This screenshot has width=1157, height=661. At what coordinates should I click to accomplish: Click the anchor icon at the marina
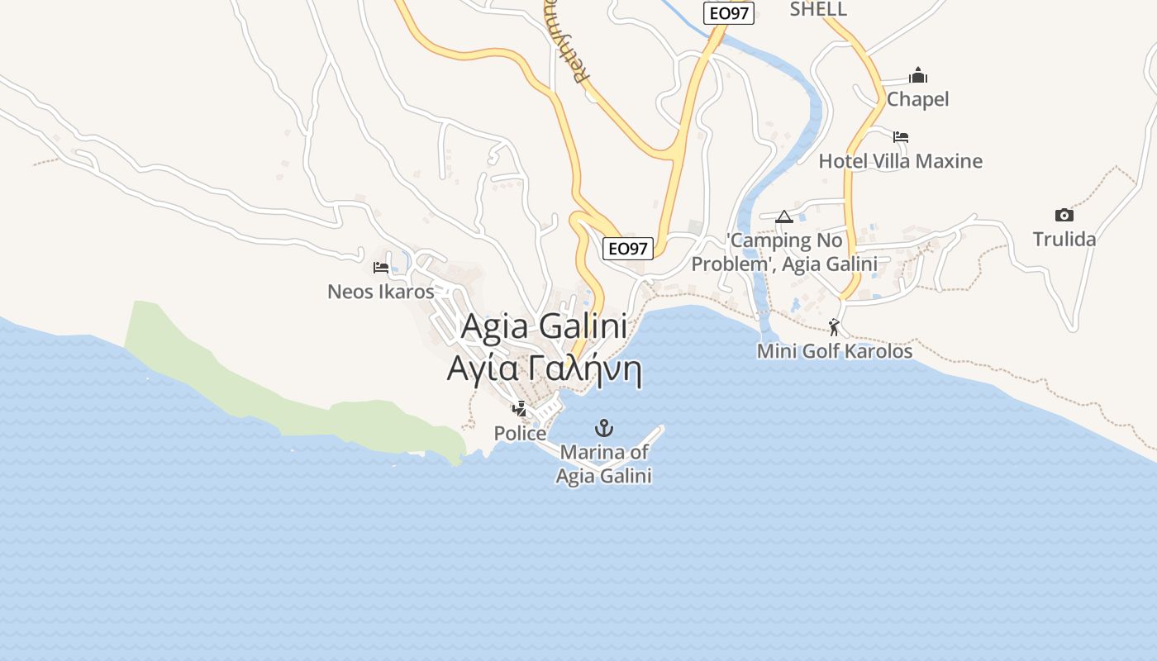pyautogui.click(x=605, y=428)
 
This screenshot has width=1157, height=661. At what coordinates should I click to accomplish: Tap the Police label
pyautogui.click(x=520, y=433)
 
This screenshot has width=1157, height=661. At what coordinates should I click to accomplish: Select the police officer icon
pyautogui.click(x=520, y=408)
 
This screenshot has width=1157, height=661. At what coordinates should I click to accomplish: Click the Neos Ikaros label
pyautogui.click(x=380, y=292)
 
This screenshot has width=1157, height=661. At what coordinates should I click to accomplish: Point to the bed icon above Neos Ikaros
pyautogui.click(x=381, y=267)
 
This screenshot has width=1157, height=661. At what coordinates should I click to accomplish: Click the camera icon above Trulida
pyautogui.click(x=1064, y=216)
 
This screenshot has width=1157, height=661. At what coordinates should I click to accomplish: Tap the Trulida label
pyautogui.click(x=1064, y=240)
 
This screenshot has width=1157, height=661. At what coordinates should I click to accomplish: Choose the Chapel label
pyautogui.click(x=917, y=99)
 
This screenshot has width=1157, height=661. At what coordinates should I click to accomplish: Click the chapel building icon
pyautogui.click(x=918, y=76)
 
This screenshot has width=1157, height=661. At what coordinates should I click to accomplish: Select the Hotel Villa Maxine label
pyautogui.click(x=900, y=161)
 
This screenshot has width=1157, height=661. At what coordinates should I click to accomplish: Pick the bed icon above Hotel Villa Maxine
pyautogui.click(x=901, y=137)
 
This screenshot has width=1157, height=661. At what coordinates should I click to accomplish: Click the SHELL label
pyautogui.click(x=818, y=9)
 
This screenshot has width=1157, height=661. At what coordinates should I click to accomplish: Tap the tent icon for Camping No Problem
pyautogui.click(x=784, y=217)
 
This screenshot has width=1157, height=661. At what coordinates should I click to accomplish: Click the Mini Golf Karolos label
pyautogui.click(x=835, y=351)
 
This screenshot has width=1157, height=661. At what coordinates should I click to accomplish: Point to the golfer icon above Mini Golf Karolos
pyautogui.click(x=835, y=327)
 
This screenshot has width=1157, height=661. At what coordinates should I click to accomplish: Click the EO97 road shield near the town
pyautogui.click(x=628, y=248)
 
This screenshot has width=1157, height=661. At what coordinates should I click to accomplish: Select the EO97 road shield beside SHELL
pyautogui.click(x=729, y=13)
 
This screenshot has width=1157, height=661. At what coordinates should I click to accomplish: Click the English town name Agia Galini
pyautogui.click(x=544, y=326)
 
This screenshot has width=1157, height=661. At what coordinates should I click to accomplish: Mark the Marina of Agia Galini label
pyautogui.click(x=604, y=464)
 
